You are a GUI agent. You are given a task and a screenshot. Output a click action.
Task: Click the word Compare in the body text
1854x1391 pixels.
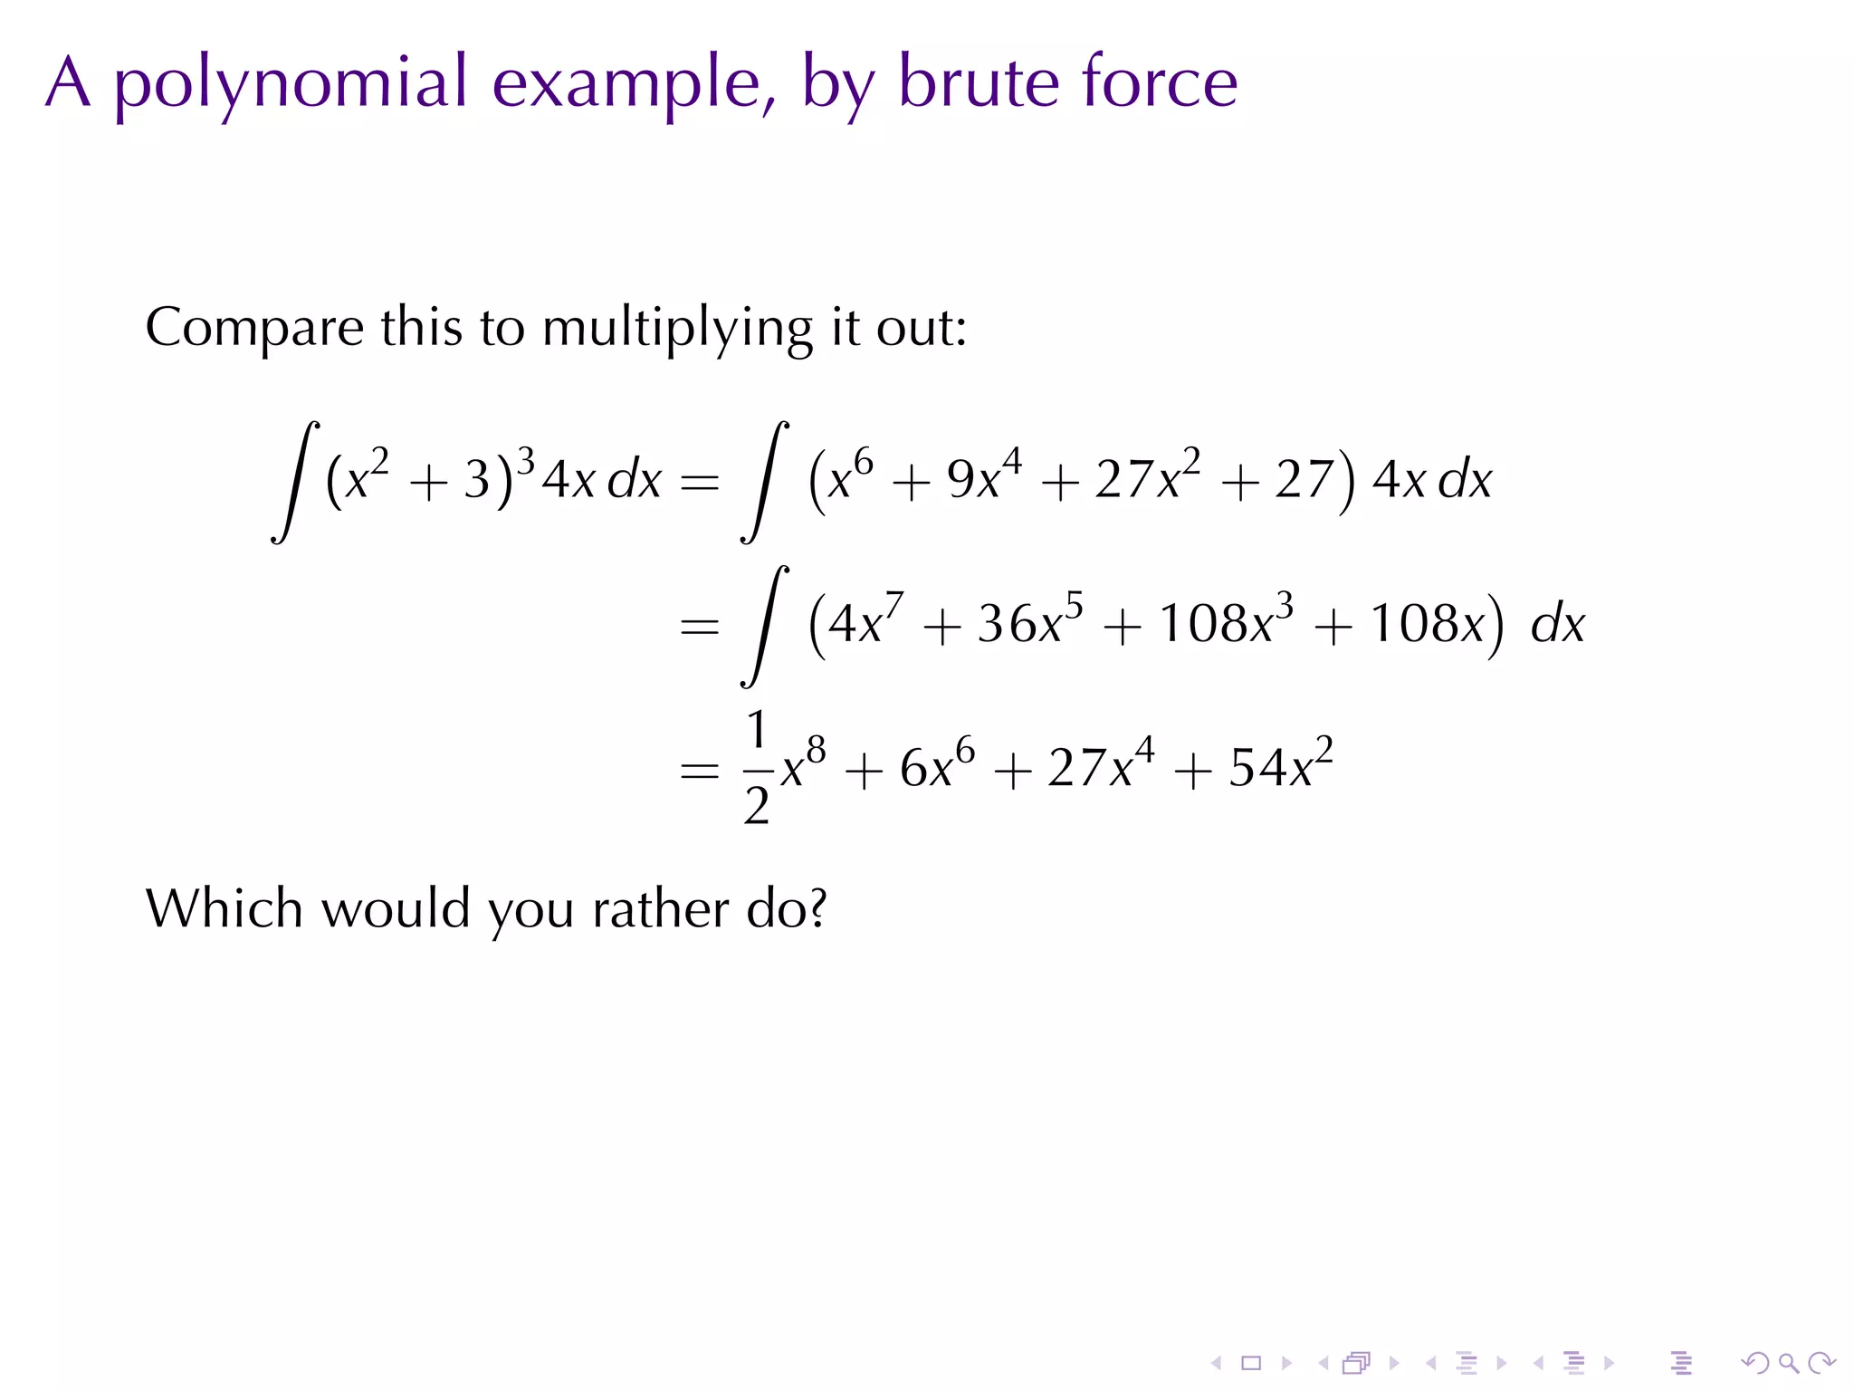(x=254, y=327)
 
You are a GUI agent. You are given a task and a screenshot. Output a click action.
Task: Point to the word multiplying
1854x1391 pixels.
(x=677, y=329)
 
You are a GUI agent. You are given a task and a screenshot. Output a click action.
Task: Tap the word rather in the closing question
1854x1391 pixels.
(x=661, y=909)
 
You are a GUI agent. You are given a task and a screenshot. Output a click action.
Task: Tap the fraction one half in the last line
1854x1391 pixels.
(x=757, y=768)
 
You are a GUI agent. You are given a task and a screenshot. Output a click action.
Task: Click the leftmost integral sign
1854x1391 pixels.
(x=295, y=481)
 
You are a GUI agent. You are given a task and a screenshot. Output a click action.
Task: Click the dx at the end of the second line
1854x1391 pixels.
(x=1557, y=625)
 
